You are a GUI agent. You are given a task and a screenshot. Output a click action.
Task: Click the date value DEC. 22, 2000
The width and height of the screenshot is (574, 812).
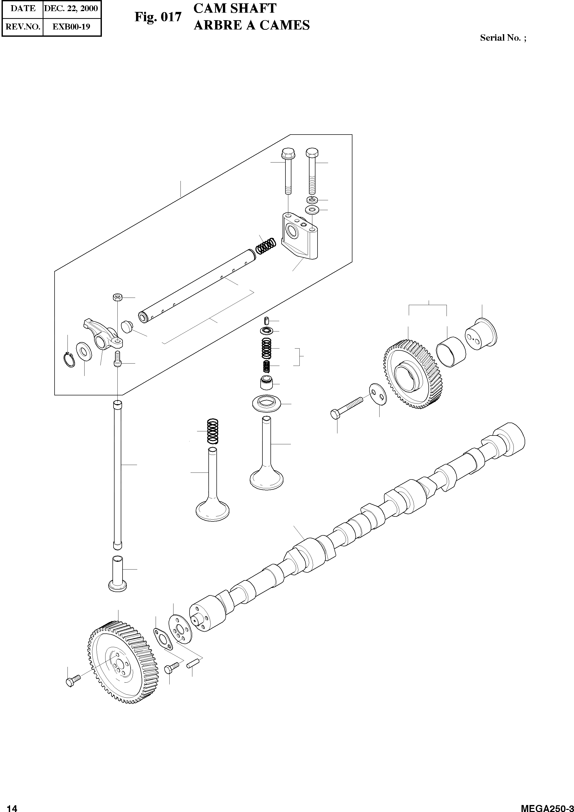pos(71,9)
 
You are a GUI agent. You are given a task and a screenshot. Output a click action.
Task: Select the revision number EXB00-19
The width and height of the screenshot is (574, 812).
pos(71,27)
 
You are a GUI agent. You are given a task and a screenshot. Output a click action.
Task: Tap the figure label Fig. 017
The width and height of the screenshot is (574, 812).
pos(158,17)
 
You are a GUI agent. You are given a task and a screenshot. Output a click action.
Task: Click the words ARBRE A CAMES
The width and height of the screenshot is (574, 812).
pos(251,25)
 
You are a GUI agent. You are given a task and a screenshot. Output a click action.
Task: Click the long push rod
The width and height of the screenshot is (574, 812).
pos(117,474)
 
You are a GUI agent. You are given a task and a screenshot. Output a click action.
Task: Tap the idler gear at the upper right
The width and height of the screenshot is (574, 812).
pos(412,375)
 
